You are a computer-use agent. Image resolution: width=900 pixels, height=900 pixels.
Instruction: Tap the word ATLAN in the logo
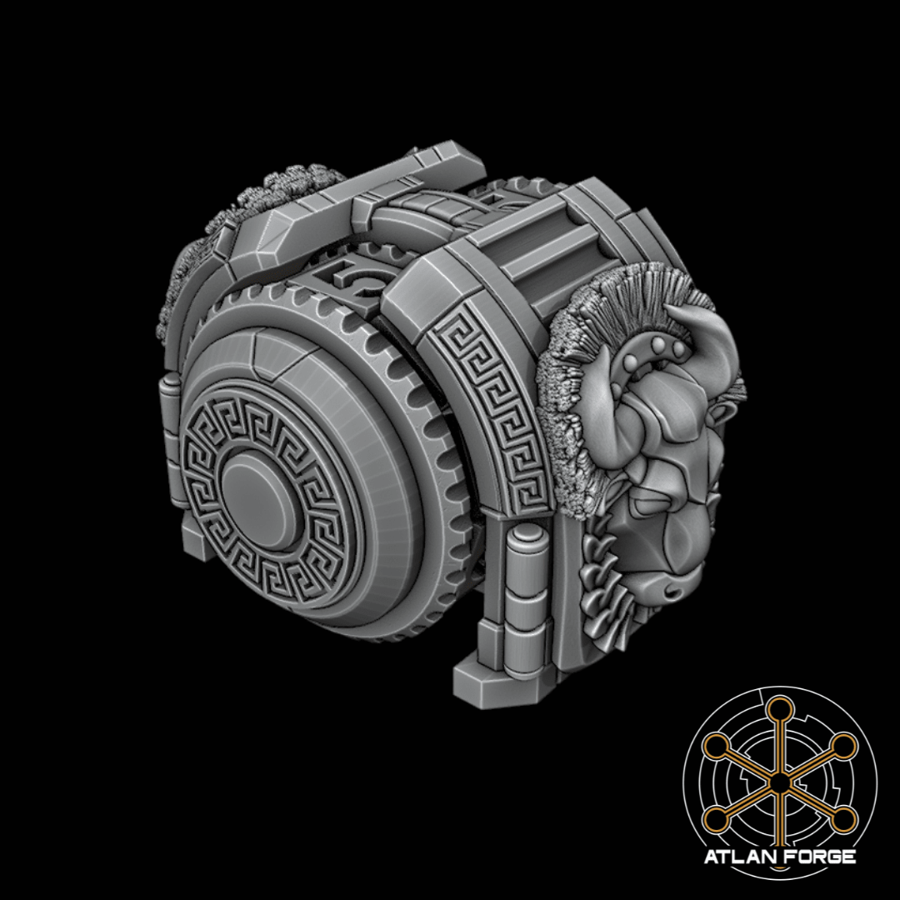(x=737, y=857)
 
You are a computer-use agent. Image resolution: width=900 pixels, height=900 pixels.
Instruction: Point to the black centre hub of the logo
(x=777, y=782)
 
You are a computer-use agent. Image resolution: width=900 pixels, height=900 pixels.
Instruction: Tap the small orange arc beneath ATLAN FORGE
(x=779, y=869)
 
